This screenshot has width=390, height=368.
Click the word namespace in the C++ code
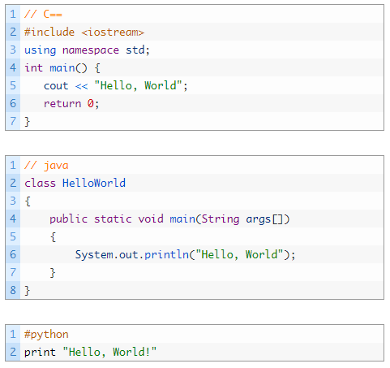[x=91, y=50]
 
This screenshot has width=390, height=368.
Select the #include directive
[x=49, y=32]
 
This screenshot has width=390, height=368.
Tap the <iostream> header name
[x=113, y=32]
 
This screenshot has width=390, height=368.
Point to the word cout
[x=56, y=86]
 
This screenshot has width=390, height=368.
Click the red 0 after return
[x=90, y=103]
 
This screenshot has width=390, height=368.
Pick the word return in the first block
[x=62, y=104]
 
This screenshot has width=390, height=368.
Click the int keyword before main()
[x=33, y=67]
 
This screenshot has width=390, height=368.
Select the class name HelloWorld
[x=94, y=183]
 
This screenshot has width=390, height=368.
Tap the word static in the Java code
[x=113, y=219]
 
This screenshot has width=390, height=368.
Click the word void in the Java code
[x=151, y=219]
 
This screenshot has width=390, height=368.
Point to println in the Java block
[x=167, y=255]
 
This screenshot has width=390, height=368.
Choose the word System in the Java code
[x=94, y=255]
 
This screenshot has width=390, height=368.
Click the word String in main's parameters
[x=221, y=219]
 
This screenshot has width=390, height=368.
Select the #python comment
[x=46, y=335]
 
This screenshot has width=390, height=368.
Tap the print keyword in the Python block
[x=40, y=353]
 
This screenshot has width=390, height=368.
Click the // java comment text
[x=46, y=166]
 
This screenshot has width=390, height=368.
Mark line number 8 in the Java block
[x=13, y=290]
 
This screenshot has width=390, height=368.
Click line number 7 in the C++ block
[x=13, y=121]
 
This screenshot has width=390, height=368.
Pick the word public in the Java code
[x=68, y=219]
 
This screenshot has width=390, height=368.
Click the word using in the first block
[x=41, y=50]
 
